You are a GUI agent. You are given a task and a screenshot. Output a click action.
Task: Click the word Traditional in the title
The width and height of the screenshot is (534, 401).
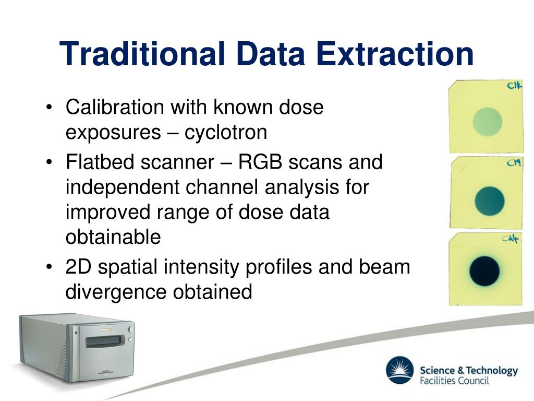(142, 54)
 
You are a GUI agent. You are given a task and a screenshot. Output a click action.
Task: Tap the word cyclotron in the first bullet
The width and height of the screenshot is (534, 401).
(226, 132)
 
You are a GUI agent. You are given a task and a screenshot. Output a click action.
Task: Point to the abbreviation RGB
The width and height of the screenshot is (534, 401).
(260, 162)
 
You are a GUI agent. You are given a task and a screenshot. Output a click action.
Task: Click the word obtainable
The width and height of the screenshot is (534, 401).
(113, 237)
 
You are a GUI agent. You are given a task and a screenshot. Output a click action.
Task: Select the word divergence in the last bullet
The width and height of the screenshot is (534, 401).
(116, 292)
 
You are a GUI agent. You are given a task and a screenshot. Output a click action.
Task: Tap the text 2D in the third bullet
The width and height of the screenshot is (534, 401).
(78, 267)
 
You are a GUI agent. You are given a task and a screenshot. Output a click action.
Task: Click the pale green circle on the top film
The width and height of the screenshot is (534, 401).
(488, 121)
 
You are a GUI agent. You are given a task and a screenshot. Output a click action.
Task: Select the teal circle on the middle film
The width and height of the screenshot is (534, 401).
(489, 201)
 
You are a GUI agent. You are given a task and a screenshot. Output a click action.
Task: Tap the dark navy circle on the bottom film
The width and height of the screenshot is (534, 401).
(484, 271)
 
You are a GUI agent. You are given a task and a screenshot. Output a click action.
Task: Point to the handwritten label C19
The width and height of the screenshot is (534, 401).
(514, 163)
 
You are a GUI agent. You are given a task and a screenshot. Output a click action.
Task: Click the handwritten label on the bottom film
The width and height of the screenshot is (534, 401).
(510, 238)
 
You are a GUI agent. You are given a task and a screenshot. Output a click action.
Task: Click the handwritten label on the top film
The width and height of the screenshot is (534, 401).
(514, 85)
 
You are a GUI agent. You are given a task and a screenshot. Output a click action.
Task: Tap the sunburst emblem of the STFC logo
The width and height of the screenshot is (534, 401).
(400, 370)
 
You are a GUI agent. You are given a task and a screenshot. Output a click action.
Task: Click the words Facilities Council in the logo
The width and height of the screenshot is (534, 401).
(454, 381)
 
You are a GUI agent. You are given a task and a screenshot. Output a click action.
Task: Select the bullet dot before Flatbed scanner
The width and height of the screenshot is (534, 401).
(50, 162)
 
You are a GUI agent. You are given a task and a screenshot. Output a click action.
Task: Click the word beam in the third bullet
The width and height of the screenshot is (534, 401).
(384, 267)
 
